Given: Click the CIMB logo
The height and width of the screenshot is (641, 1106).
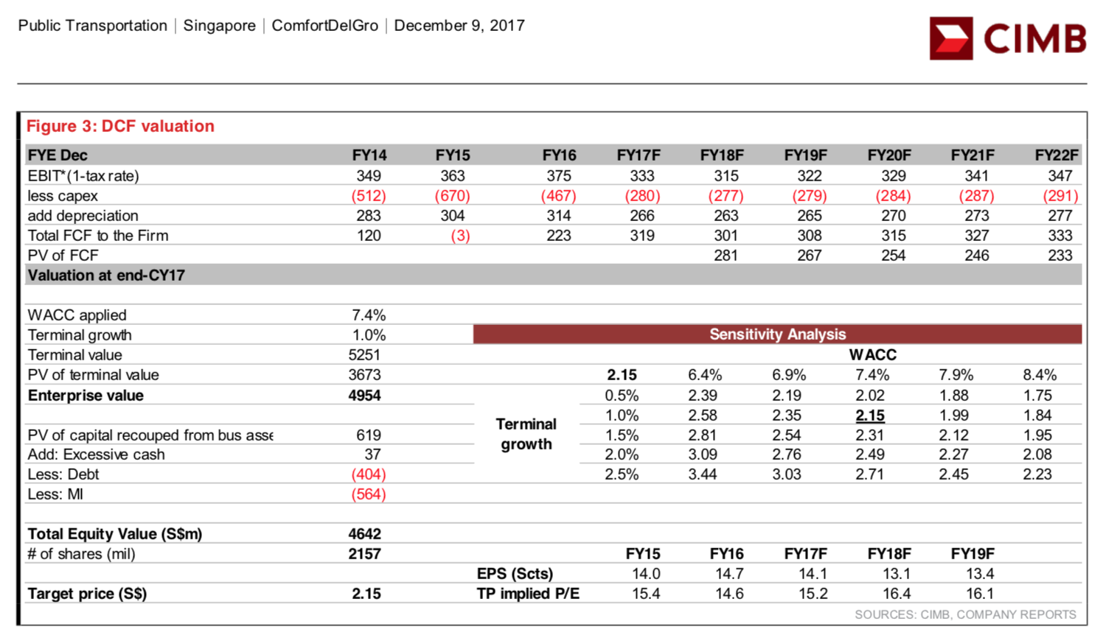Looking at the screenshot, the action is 1007,38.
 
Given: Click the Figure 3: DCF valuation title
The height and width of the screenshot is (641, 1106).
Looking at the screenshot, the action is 120,126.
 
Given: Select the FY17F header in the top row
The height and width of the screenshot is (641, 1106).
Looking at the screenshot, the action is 639,155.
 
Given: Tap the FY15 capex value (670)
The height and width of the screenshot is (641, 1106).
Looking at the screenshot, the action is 452,196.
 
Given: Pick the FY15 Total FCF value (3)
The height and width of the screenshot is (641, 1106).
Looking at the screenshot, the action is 460,236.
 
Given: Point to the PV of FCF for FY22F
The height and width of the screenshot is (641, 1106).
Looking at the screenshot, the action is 1060,256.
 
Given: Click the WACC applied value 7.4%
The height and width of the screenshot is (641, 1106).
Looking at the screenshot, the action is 369,315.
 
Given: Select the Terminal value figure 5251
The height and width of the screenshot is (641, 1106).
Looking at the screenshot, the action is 364,355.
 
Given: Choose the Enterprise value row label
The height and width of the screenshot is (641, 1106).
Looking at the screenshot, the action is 86,396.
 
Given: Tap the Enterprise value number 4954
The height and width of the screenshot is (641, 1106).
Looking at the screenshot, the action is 364,396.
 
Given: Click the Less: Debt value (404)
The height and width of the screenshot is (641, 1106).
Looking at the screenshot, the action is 369,474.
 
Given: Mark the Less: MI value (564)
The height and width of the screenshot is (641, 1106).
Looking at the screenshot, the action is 369,494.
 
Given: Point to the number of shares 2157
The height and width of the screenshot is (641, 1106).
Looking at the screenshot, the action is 364,554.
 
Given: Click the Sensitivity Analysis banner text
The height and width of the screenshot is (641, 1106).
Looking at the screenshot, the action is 778,334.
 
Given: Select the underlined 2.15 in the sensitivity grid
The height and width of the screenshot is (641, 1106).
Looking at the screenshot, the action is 870,416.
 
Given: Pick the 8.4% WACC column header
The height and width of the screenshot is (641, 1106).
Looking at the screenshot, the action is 1040,375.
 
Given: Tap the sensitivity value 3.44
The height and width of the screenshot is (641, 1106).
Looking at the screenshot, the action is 703,474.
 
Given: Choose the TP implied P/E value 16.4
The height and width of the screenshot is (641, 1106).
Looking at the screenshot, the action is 896,594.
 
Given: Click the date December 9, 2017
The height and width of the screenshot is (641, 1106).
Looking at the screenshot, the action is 459,26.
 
